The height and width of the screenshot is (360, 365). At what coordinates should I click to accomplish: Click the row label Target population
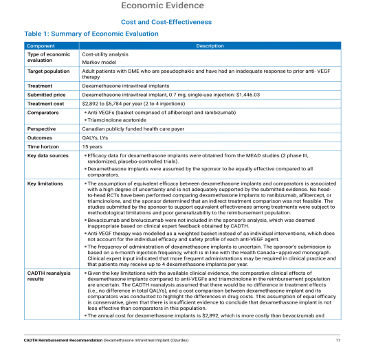pos(48,71)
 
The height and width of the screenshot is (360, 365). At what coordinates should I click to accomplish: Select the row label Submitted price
pos(46,94)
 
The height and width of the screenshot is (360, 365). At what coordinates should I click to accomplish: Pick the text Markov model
pos(98,62)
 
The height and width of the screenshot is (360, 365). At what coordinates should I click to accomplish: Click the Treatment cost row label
pos(45,102)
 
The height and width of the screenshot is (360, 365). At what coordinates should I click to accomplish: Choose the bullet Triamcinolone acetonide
pos(114,120)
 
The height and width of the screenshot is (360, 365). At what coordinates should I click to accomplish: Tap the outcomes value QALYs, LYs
pos(97,137)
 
